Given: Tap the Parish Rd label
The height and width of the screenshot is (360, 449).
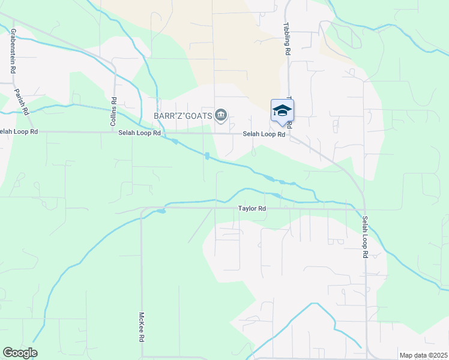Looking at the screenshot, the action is click(x=22, y=101).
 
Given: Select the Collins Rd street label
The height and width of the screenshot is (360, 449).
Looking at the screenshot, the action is click(x=112, y=112).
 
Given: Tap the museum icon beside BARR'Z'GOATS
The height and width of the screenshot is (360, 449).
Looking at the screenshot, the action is click(x=221, y=115).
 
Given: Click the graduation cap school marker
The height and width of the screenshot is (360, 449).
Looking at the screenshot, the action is click(x=282, y=111).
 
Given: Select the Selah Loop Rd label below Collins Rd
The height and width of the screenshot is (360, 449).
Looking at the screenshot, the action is click(x=139, y=133).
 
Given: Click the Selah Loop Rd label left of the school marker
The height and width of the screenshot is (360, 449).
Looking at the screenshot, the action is click(x=264, y=134).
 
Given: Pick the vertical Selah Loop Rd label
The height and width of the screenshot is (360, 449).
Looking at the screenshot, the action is click(x=365, y=238).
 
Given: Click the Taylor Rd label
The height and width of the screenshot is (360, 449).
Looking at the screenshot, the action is click(x=252, y=209).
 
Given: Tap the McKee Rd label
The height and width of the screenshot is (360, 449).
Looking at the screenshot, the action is click(x=142, y=327).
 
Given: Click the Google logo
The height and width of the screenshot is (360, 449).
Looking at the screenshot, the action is click(x=20, y=353).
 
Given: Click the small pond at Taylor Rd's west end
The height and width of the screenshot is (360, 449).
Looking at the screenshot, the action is click(x=161, y=211).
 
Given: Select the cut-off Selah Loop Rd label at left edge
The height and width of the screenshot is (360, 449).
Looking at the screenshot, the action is click(x=18, y=131).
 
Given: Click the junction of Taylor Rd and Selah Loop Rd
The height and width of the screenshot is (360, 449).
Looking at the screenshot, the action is click(x=364, y=209).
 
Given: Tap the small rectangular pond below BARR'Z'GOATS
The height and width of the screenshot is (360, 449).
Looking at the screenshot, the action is click(x=207, y=156).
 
